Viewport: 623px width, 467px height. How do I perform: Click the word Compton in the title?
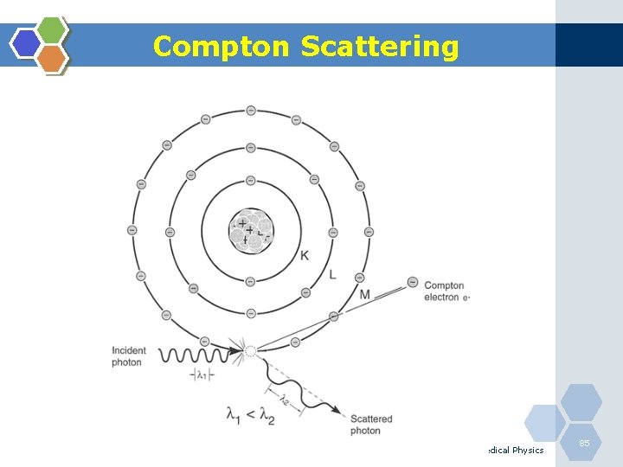(222, 46)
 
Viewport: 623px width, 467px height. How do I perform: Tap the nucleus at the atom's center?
(251, 230)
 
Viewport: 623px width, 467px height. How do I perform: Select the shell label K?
(304, 255)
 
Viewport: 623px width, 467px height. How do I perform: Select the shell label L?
(333, 275)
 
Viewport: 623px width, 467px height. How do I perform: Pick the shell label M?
(364, 295)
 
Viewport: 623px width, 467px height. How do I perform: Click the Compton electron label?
(445, 291)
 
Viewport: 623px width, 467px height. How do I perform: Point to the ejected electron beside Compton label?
(413, 283)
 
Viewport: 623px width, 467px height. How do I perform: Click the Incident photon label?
(128, 356)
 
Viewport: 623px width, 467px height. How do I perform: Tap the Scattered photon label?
(371, 425)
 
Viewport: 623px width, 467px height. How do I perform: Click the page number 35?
(584, 443)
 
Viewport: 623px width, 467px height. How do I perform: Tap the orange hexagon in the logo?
(53, 57)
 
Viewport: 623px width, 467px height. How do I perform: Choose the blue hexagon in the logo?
(27, 43)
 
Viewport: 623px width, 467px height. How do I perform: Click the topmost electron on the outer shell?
(251, 111)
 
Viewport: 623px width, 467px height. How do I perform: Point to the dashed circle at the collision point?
(251, 352)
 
